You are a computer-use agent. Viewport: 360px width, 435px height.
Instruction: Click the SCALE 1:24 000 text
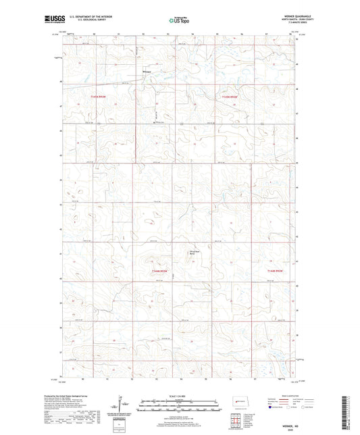pyautogui.click(x=180, y=396)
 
